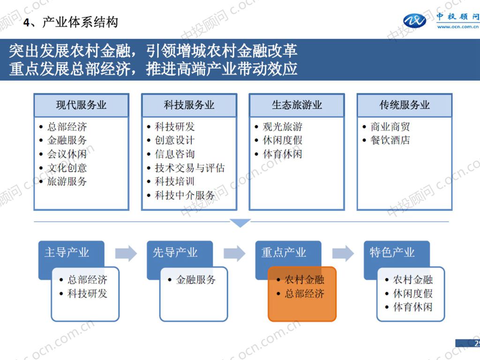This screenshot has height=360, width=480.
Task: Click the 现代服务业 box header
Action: [x=81, y=105]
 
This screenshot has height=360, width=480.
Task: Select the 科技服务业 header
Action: [x=189, y=105]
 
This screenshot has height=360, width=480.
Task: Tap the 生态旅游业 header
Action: [x=297, y=105]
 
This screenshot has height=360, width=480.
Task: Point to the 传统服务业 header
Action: [x=405, y=105]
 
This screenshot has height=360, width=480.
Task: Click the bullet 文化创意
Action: [x=67, y=168]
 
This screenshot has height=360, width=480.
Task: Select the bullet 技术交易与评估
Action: [x=190, y=168]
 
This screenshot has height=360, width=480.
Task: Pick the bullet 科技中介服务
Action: [x=185, y=195]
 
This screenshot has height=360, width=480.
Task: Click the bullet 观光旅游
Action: [x=282, y=127]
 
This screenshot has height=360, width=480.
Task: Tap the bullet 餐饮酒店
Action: [x=390, y=140]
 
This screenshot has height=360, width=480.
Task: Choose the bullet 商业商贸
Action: [x=390, y=127]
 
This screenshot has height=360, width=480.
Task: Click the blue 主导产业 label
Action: [x=67, y=253]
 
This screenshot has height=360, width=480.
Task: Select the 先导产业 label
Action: [x=175, y=253]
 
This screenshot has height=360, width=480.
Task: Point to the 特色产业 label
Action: [x=392, y=253]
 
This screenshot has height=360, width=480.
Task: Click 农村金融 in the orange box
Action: [x=304, y=280]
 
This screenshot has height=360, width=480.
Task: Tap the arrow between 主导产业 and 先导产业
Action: [x=126, y=254]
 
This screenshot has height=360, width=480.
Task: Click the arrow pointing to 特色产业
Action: [x=343, y=254]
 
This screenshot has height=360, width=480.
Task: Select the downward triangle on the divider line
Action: [x=241, y=223]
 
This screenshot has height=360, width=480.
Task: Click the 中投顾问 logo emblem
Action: [x=415, y=21]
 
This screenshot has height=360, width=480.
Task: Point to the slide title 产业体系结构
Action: [x=80, y=22]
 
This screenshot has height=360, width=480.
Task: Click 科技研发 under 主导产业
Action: [x=87, y=294]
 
